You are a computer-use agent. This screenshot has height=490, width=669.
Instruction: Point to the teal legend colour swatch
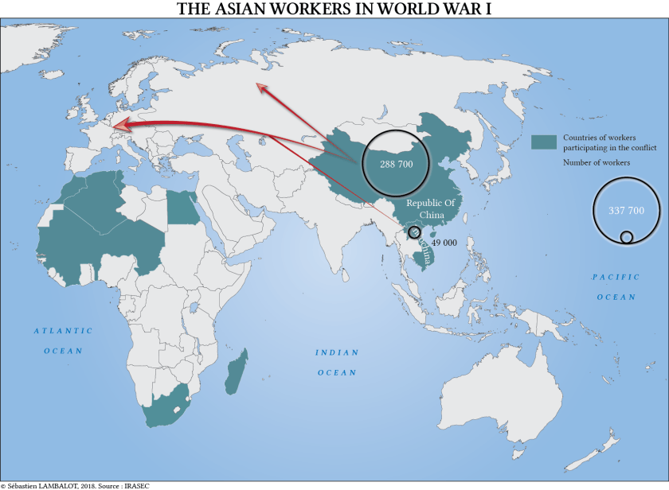click(x=543, y=142)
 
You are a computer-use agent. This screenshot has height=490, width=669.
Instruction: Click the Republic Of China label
click(x=431, y=208)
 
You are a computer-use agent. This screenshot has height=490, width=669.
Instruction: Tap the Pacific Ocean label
click(x=616, y=286)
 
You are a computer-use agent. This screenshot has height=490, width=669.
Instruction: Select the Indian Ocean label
click(x=337, y=362)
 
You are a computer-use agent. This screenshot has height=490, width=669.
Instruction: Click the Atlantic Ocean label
click(x=63, y=340)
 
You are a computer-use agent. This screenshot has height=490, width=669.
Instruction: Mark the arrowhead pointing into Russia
click(x=260, y=88)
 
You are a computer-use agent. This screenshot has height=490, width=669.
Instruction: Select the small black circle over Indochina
click(x=414, y=232)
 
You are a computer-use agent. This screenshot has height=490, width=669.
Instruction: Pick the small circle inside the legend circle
click(x=627, y=236)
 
